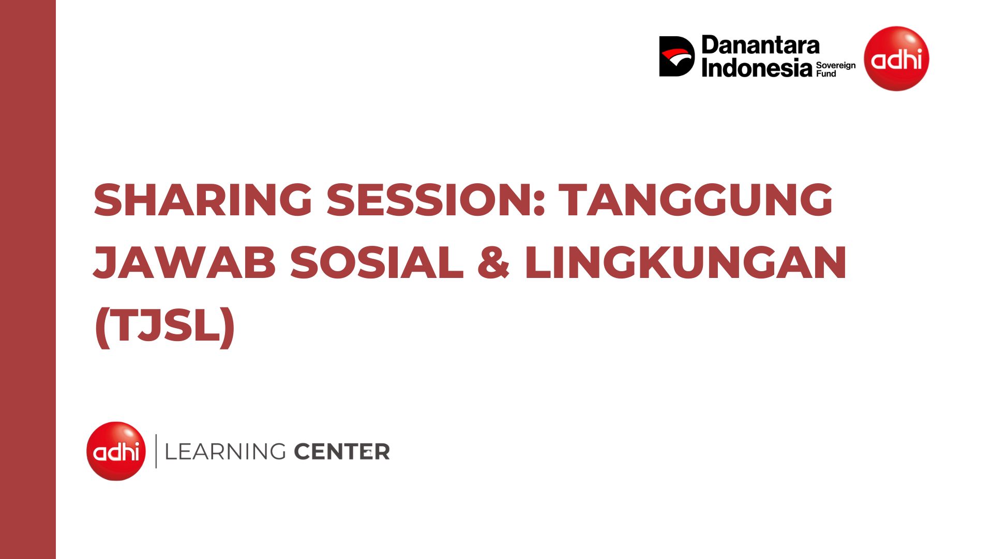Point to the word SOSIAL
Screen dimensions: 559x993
click(x=377, y=262)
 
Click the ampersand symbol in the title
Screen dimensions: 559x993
click(x=493, y=262)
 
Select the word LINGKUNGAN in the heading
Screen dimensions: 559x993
click(x=685, y=262)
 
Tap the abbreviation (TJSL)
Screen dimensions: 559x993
click(x=165, y=326)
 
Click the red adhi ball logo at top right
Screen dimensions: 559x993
click(x=896, y=58)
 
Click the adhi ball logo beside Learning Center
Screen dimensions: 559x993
click(x=116, y=451)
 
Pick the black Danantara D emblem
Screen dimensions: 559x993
click(x=676, y=56)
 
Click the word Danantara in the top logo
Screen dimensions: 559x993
click(x=760, y=46)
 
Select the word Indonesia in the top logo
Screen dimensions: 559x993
click(x=757, y=68)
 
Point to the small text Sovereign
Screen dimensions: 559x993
click(x=836, y=66)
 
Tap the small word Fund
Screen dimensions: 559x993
click(x=826, y=74)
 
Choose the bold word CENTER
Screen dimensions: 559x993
click(x=342, y=452)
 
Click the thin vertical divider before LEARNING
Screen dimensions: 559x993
click(x=156, y=451)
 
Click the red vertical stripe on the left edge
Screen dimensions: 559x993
click(x=28, y=279)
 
